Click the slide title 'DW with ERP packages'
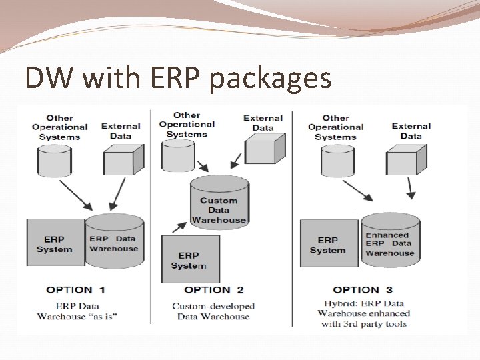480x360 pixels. (178, 78)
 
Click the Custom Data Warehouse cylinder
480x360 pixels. (219, 199)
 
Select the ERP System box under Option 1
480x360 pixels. (55, 243)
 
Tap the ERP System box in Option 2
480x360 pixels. (190, 259)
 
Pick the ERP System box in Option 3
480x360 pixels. (329, 243)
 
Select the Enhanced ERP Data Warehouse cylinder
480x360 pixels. (390, 243)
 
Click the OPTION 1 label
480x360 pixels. (76, 290)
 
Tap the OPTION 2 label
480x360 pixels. (214, 290)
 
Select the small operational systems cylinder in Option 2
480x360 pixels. (179, 155)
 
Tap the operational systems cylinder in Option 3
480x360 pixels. (337, 159)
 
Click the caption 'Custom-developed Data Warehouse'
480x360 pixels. (213, 311)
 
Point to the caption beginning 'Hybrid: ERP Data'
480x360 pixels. (363, 313)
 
